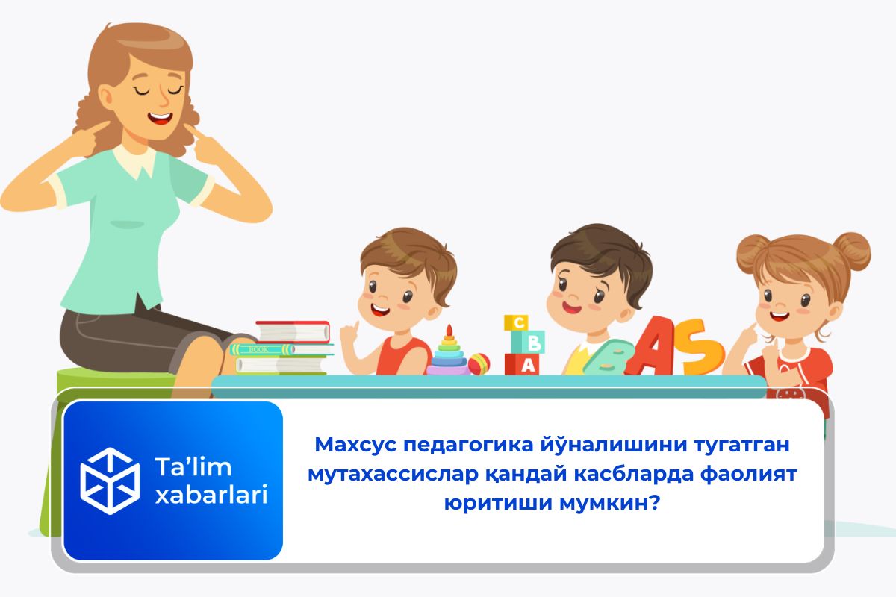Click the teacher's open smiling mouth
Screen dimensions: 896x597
pyautogui.click(x=161, y=118)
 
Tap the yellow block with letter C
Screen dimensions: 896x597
pyautogui.click(x=516, y=323)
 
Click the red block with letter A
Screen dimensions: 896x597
pyautogui.click(x=522, y=364)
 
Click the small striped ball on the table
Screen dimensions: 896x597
pyautogui.click(x=479, y=364)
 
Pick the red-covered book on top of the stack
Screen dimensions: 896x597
pyautogui.click(x=293, y=332)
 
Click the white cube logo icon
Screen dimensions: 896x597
pyautogui.click(x=110, y=481)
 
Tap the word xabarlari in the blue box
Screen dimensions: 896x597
pyautogui.click(x=211, y=495)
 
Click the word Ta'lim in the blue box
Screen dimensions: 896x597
pyautogui.click(x=193, y=466)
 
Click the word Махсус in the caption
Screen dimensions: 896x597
pyautogui.click(x=355, y=445)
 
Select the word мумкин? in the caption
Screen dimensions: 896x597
pyautogui.click(x=609, y=502)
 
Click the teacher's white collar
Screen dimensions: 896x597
pyautogui.click(x=135, y=160)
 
